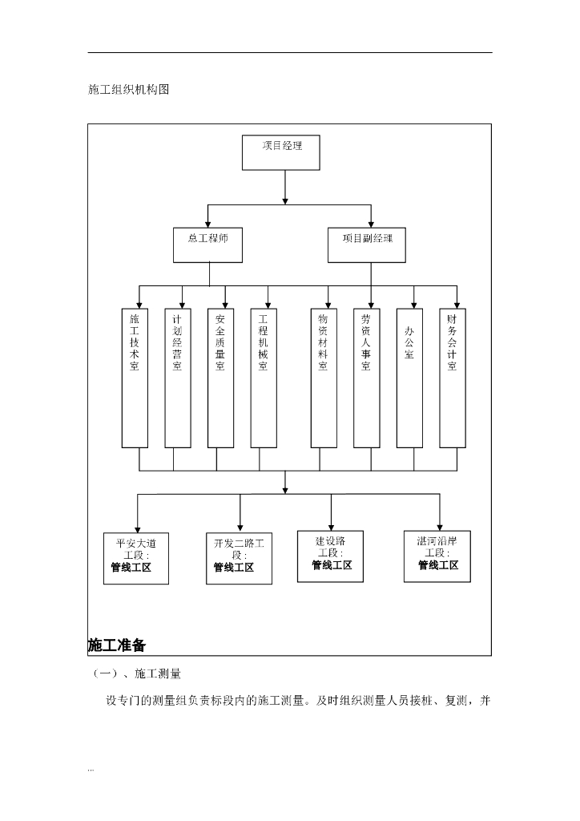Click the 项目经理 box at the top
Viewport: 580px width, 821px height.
280,152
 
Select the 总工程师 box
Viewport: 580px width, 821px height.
207,245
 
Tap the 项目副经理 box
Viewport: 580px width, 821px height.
367,245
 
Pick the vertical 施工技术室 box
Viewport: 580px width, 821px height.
135,378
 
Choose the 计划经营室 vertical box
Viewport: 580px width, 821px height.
177,378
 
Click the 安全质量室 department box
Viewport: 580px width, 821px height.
220,378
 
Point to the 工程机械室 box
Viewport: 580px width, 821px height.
263,378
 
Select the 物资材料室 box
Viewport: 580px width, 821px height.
323,378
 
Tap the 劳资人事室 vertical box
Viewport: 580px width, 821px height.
366,378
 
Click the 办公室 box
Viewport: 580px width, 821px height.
409,378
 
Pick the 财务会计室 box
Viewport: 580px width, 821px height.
452,378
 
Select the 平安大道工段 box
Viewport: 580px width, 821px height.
136,558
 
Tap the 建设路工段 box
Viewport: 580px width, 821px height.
330,556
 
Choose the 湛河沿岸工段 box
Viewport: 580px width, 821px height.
437,555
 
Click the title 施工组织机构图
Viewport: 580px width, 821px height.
128,90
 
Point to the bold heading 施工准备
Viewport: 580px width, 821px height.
117,645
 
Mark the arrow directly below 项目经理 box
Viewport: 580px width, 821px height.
284,188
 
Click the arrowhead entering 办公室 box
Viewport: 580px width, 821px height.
414,305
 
